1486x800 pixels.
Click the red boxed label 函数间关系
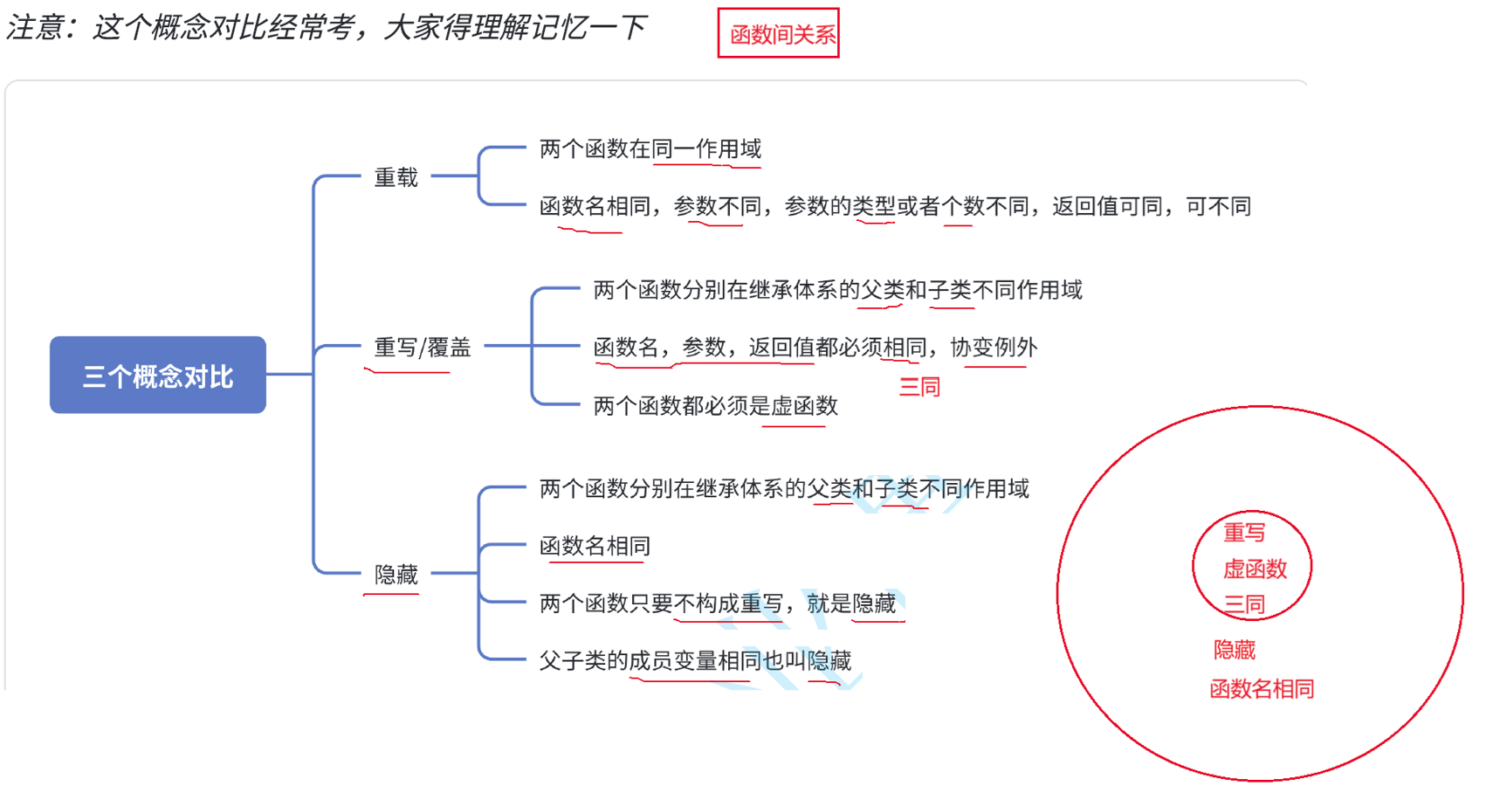[779, 34]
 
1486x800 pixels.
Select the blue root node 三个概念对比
[158, 376]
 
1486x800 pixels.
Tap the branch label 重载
[396, 177]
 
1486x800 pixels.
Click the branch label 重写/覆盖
[423, 348]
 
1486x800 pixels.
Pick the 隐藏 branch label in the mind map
[396, 574]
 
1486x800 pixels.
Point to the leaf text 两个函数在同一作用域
[650, 149]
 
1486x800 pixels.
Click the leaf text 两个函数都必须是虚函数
[715, 405]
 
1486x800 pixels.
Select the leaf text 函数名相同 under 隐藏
[595, 546]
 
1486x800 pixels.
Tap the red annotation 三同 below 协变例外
[919, 387]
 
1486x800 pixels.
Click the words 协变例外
[994, 348]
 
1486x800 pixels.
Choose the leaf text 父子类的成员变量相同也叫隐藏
[695, 660]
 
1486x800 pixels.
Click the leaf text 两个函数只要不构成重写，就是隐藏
[718, 603]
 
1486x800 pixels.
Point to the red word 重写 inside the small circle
[1244, 532]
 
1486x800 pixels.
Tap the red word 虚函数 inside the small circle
[1255, 569]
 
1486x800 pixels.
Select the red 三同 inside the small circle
[1244, 603]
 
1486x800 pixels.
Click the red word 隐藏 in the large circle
[1235, 650]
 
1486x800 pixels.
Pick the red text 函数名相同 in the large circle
[1262, 689]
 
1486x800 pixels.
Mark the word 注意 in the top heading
[35, 28]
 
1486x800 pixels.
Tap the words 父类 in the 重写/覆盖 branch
[883, 290]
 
